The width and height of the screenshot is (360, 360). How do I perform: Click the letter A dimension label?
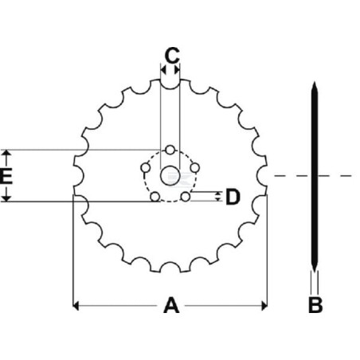(x=171, y=305)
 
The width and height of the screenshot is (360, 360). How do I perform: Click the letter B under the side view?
(x=315, y=305)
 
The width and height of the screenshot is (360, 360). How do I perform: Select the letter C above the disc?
(x=172, y=56)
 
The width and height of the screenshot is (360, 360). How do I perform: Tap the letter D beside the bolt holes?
(x=233, y=197)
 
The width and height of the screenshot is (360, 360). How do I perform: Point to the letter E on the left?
(x=6, y=177)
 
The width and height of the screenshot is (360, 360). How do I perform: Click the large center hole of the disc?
(x=170, y=175)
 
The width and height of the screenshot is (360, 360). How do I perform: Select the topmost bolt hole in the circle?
(x=170, y=150)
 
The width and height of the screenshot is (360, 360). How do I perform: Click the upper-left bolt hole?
(x=145, y=168)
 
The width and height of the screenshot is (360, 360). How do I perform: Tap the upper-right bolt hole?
(x=195, y=168)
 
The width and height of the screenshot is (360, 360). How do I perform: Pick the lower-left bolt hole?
(x=155, y=197)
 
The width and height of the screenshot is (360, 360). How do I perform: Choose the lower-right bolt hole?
(x=186, y=197)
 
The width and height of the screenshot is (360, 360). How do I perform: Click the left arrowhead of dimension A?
(x=76, y=306)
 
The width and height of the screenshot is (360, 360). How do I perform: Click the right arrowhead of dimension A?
(x=264, y=306)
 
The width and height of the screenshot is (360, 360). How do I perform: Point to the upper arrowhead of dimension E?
(x=7, y=153)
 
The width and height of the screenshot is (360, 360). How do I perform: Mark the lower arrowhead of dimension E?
(x=7, y=198)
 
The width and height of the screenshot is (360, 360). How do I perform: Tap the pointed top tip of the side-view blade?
(x=315, y=82)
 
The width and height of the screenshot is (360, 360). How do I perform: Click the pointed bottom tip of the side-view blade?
(x=315, y=272)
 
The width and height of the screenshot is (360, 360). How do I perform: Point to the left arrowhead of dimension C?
(x=163, y=70)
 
